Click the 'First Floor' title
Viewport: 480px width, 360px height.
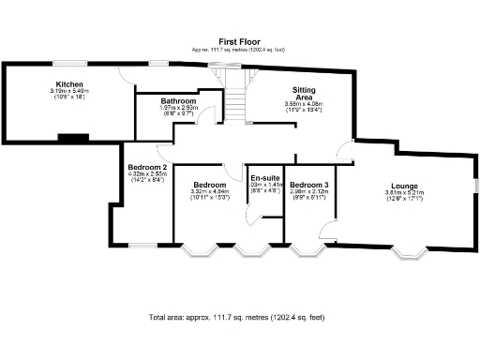point(240,42)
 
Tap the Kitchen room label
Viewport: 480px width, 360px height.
point(67,83)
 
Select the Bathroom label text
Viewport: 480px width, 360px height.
point(177,100)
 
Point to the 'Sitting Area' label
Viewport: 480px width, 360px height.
point(296,93)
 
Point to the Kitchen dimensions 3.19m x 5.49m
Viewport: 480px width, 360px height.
point(67,91)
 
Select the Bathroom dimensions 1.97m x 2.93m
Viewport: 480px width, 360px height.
point(177,108)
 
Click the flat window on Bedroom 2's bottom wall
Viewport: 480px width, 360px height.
point(142,245)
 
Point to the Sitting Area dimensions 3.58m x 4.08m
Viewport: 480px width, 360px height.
point(296,104)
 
